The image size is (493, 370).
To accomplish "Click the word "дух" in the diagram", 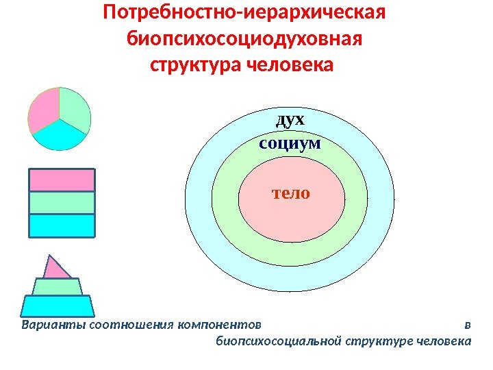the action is pos(290,121).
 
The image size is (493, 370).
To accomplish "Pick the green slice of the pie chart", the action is pos(74,108).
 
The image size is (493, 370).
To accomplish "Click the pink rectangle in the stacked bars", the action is pos(62,180).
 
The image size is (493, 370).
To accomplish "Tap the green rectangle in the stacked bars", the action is pos(62,202).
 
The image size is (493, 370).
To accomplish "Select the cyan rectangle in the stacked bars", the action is pos(62,225).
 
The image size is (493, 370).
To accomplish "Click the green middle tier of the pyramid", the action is pos(57,287).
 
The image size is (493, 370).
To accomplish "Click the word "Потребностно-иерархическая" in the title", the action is pos(244,13).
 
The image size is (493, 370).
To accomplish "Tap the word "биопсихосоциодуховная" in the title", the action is pos(244,39).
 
